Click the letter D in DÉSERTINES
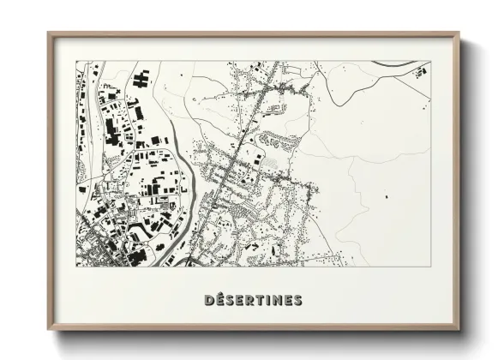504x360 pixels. coord(210,300)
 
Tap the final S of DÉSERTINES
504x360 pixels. coord(297,300)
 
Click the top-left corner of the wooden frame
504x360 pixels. coord(48,33)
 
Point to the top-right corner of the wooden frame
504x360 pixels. coord(459,33)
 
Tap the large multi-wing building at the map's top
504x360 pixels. coord(140,80)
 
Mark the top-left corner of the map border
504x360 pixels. coord(75,62)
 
